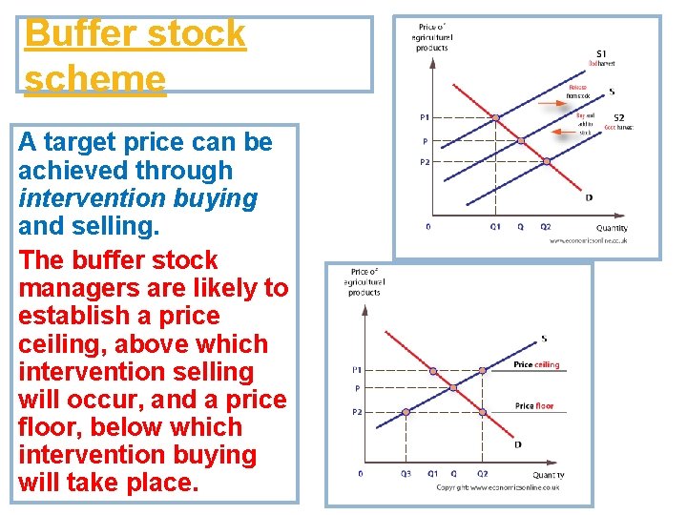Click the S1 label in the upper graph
[601, 53]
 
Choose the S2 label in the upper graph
[619, 116]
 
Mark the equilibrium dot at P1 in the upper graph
[496, 118]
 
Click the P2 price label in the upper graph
[424, 162]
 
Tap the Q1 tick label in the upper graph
[495, 227]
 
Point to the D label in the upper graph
[589, 197]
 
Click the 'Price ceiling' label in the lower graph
[536, 365]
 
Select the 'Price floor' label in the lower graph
[534, 406]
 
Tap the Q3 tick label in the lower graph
[406, 473]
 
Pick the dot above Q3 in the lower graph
[406, 412]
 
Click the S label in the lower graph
[544, 339]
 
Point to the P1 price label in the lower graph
[357, 369]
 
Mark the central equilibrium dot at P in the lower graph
[454, 388]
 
